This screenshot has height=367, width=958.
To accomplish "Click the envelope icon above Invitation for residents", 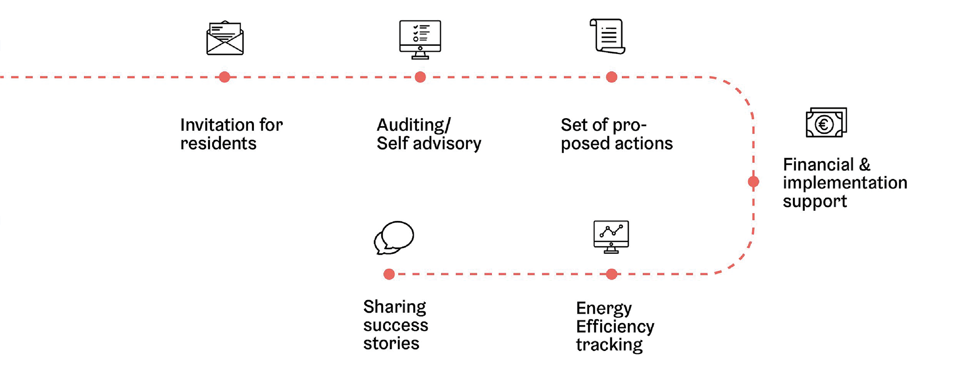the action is (x=225, y=38).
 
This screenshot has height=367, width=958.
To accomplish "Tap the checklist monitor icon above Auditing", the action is (x=420, y=39).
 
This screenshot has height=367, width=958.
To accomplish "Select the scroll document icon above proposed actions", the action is (x=608, y=36).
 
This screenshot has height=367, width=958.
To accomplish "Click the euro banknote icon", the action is (x=826, y=123).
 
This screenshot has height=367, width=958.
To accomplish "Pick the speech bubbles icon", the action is (x=394, y=238).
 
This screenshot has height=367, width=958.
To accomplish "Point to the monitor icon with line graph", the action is (x=611, y=236).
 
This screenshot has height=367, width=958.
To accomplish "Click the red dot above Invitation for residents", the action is (x=225, y=77).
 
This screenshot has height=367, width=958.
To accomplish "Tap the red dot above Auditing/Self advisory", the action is (x=420, y=77).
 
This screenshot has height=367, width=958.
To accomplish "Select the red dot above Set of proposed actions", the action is (x=611, y=77).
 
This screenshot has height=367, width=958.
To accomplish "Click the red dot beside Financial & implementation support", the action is (x=753, y=182).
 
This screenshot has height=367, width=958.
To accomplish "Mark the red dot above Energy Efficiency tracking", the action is (x=611, y=274).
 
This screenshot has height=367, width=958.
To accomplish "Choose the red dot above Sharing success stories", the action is (x=389, y=274).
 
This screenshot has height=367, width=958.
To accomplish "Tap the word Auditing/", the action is (x=414, y=125).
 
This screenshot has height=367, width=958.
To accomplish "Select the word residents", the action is (x=218, y=144).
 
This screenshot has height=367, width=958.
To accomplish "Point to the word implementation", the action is (x=845, y=183).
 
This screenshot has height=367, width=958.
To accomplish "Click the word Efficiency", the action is (x=615, y=327).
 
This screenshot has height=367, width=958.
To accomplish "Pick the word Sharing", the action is (x=394, y=307).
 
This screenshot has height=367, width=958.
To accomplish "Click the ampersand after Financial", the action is (x=865, y=165).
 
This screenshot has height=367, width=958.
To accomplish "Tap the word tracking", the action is (x=609, y=345).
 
